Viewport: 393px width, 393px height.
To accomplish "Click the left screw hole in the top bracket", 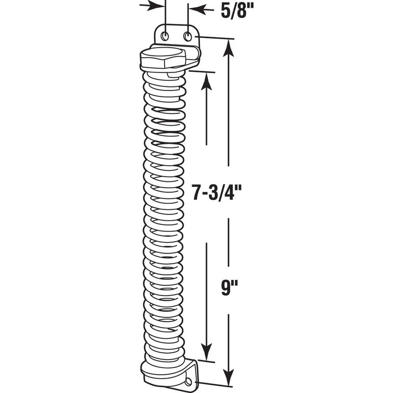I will point(166,35).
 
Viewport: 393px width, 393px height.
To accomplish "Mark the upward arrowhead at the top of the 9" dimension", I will point(228,47).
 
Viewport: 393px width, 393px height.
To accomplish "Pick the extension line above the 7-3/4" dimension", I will point(201,72).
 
